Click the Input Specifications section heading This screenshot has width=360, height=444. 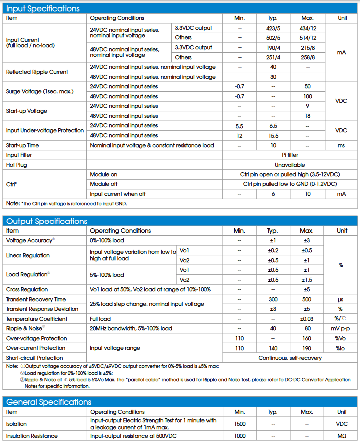point(43,9)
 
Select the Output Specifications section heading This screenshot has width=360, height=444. point(46,222)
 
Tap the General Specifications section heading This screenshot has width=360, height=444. point(49,402)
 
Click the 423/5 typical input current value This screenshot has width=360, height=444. point(273,28)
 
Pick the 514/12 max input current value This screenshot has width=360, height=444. point(308,38)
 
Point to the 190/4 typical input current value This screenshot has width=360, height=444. point(273,48)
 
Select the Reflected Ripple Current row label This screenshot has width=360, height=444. point(37,72)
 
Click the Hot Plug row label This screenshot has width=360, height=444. point(17,165)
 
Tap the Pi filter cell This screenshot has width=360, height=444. point(290,155)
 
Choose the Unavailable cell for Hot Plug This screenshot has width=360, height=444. point(290,165)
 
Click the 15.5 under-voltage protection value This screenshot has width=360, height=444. point(273,136)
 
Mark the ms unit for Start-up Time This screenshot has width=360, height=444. point(342,146)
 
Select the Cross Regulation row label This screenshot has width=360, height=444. point(27,290)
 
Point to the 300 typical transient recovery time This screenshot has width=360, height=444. point(273,300)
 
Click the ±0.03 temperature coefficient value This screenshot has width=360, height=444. point(308,319)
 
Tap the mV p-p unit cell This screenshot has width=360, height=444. point(342,329)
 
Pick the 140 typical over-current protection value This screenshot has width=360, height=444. point(273,348)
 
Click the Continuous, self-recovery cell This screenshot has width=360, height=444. point(290,358)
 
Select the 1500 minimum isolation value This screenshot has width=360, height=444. point(239,424)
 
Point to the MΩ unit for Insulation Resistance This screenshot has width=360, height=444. point(342,436)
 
